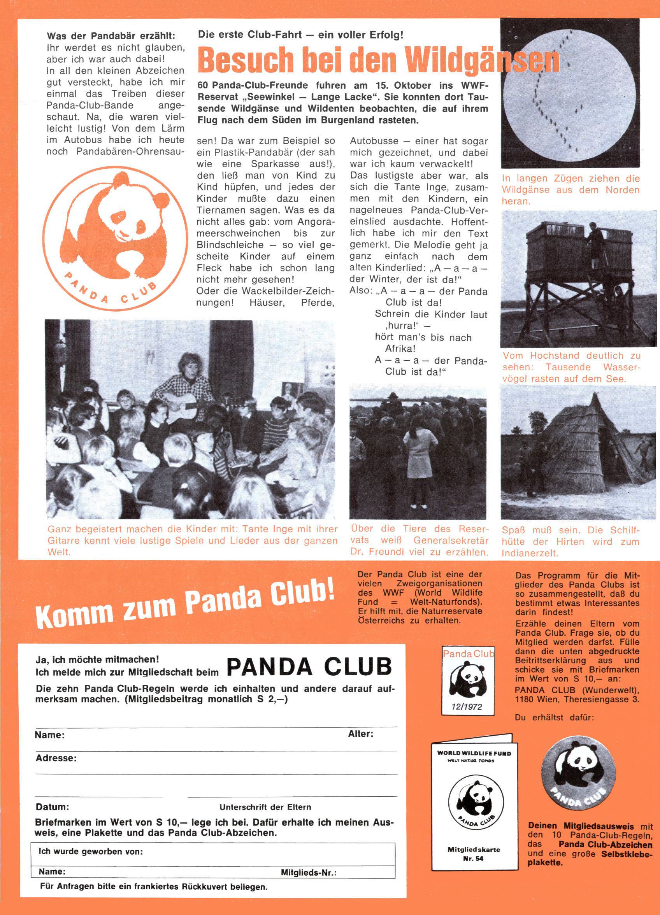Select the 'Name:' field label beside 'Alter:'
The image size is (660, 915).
pos(50,734)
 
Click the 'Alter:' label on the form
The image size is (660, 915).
pos(360,733)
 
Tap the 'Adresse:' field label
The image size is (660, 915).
pos(56,758)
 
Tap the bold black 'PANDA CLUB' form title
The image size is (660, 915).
pos(309,666)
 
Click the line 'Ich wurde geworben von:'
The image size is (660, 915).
pos(91,851)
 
